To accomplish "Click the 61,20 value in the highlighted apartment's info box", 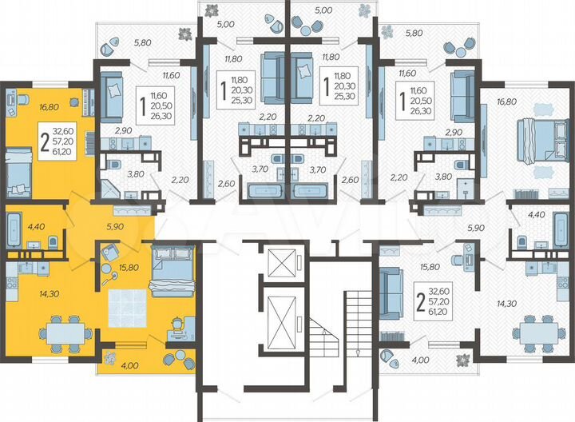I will tap(63, 150).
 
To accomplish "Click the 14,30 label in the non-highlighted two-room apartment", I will tap(506, 304).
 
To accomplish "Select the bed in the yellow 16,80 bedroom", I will tap(19, 173).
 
